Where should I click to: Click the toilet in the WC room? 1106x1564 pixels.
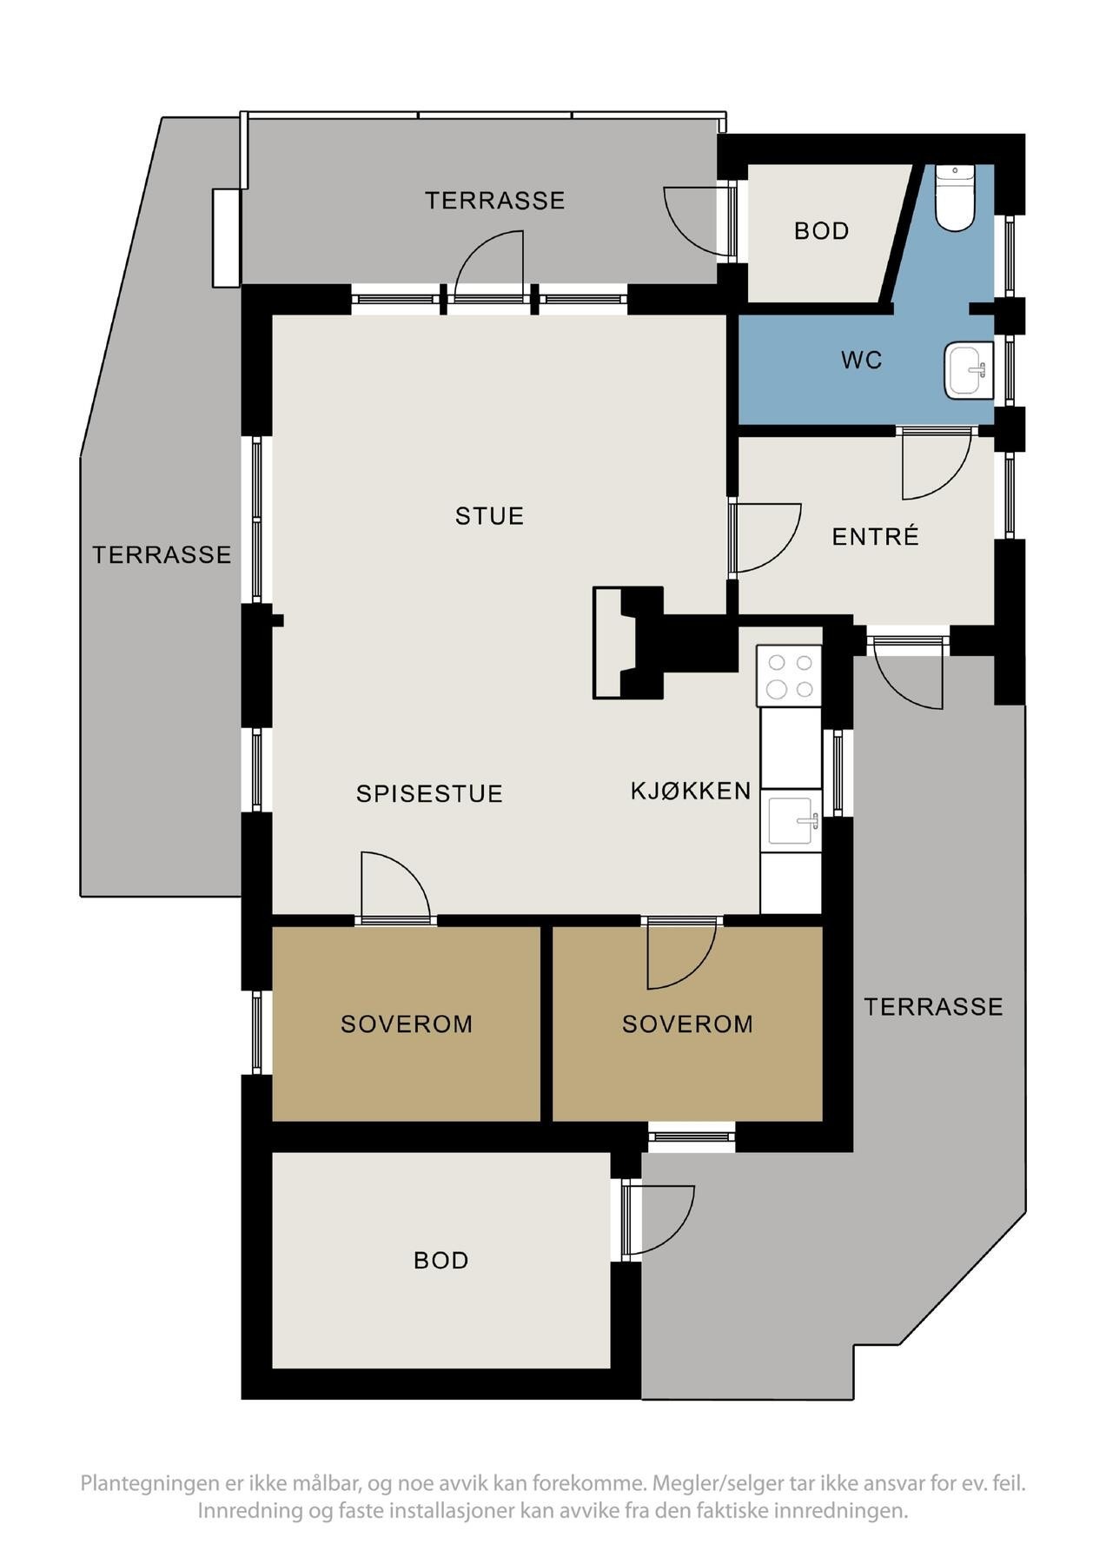click(x=954, y=201)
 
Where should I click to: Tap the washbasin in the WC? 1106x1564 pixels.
click(x=969, y=371)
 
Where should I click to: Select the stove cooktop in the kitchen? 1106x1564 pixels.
click(x=789, y=676)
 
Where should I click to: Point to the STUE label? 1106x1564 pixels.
click(x=489, y=516)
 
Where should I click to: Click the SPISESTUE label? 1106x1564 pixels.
click(x=429, y=793)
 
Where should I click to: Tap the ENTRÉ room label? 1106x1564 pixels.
click(x=875, y=537)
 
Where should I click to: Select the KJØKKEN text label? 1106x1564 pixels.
click(x=690, y=791)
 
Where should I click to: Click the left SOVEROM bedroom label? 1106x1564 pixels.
click(x=407, y=1024)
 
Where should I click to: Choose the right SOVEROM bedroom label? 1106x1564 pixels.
click(x=687, y=1024)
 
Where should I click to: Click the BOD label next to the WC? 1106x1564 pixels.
click(x=821, y=231)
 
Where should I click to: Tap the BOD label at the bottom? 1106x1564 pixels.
click(x=440, y=1260)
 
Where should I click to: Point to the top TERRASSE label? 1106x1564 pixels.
click(x=494, y=201)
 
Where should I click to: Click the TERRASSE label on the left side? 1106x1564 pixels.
click(x=162, y=554)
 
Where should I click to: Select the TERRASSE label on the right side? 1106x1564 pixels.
click(x=933, y=1006)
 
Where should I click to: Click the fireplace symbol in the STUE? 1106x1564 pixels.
click(x=627, y=642)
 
